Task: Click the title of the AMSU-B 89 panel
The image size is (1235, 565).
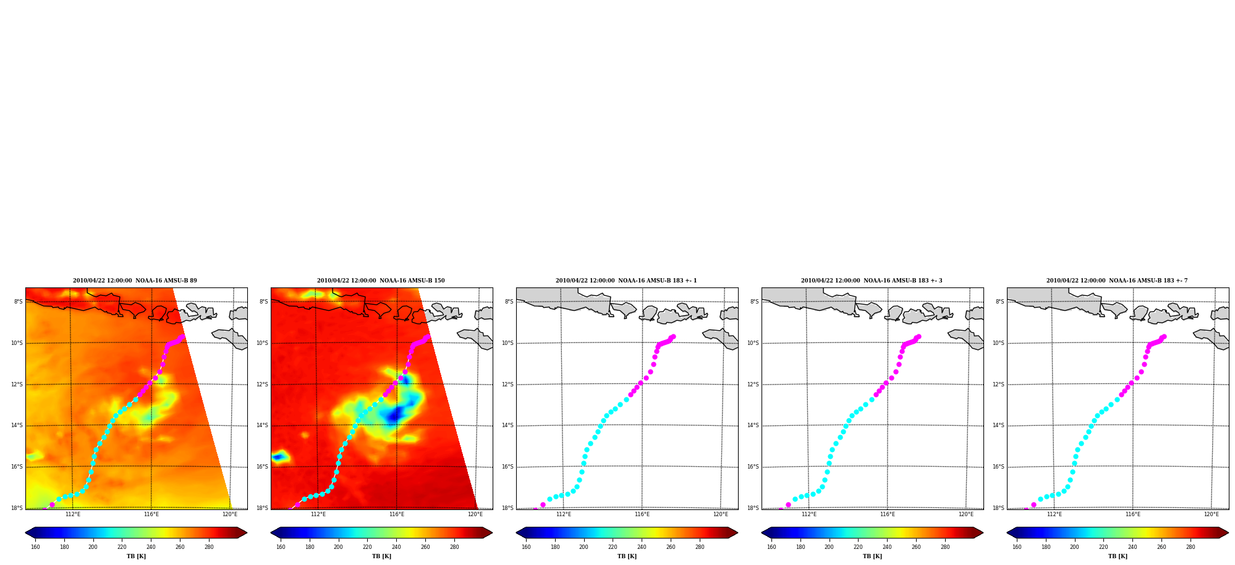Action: point(135,281)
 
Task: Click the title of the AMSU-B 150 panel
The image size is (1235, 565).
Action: point(381,281)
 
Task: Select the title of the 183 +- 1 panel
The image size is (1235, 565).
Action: point(626,281)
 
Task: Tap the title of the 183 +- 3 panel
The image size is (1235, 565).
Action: point(872,281)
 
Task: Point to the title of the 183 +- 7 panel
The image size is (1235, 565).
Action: point(1117,281)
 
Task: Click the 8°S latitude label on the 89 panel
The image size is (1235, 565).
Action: point(19,302)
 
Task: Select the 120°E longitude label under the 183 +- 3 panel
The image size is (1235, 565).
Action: point(966,514)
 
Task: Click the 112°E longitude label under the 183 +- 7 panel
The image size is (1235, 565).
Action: point(1055,514)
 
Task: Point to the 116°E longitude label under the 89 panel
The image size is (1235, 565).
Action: point(151,514)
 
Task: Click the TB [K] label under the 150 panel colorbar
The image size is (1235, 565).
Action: point(381,556)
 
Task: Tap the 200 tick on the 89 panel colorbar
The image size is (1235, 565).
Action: point(93,546)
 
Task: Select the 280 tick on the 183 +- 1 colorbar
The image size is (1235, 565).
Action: point(700,546)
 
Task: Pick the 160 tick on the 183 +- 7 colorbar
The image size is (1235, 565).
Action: point(1017,546)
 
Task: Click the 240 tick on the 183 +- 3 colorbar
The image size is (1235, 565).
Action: point(887,546)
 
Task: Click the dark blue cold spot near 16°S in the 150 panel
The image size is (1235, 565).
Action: point(279,457)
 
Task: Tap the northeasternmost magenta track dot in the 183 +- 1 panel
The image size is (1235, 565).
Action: point(673,337)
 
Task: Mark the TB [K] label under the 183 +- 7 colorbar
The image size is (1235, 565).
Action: point(1118,556)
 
